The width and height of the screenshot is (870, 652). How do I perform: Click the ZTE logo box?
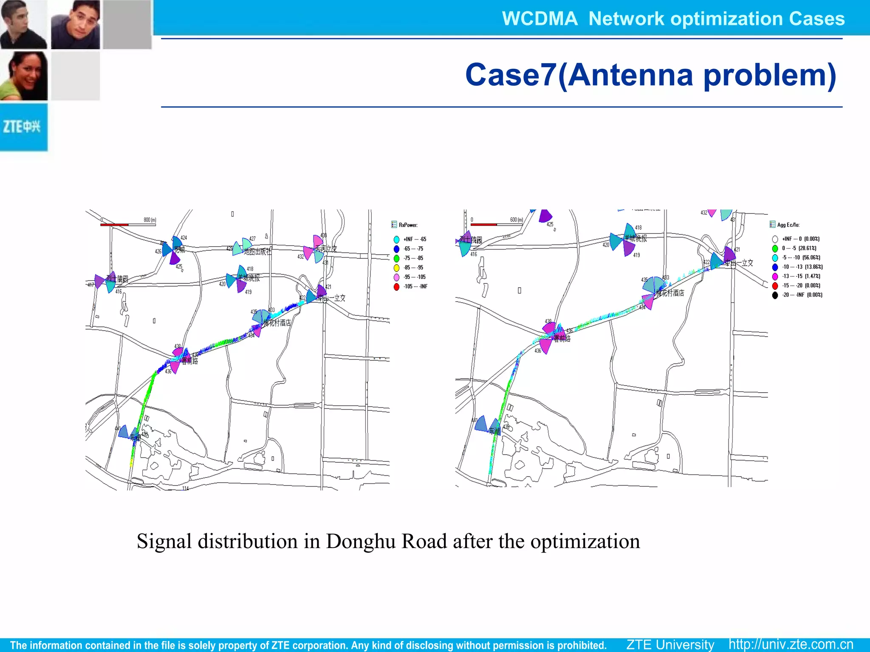click(23, 127)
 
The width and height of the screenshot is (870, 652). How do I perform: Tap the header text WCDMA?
click(540, 19)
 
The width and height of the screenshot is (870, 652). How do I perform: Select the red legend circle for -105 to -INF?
click(396, 287)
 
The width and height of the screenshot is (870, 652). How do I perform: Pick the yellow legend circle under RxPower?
click(396, 268)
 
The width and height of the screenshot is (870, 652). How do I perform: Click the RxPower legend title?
click(408, 225)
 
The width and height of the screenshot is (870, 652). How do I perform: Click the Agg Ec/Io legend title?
click(788, 225)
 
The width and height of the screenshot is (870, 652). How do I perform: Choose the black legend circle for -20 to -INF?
click(775, 295)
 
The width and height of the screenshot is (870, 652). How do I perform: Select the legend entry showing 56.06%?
click(801, 258)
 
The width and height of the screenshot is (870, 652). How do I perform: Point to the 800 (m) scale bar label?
click(150, 220)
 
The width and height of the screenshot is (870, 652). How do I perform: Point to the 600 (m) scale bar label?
click(516, 220)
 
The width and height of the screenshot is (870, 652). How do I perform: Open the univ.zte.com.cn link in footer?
click(791, 644)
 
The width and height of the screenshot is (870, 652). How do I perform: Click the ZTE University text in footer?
click(670, 644)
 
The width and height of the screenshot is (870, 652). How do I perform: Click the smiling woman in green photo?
click(24, 76)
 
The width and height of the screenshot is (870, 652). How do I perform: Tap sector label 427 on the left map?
click(252, 239)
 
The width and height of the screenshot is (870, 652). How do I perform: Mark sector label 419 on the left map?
click(248, 292)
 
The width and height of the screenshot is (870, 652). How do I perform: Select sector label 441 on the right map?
click(475, 420)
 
